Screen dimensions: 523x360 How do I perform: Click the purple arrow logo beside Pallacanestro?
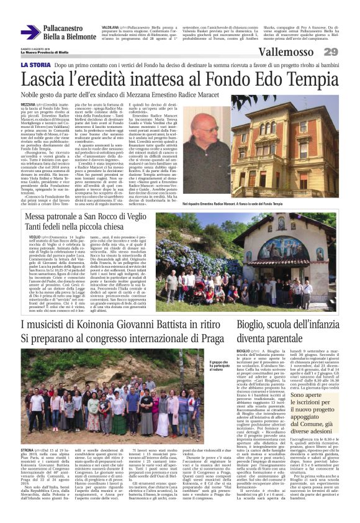[x=30, y=32]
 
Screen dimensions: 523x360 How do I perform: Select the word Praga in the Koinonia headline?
[x=210, y=339]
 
